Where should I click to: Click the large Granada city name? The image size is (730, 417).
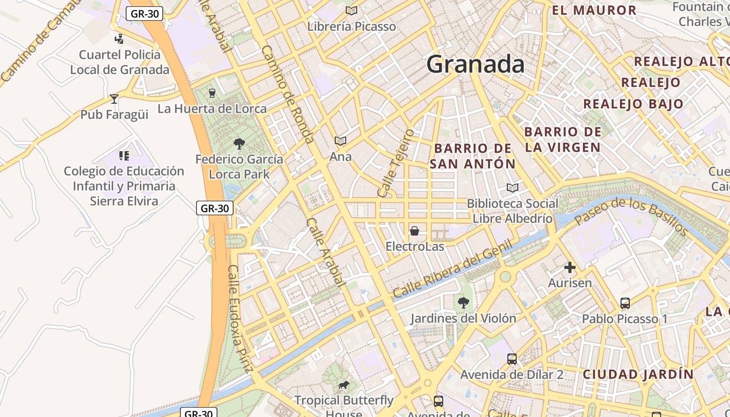click(x=476, y=65)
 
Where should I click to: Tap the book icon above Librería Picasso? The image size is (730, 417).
click(x=351, y=10)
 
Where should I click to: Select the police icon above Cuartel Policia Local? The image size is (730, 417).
click(x=119, y=39)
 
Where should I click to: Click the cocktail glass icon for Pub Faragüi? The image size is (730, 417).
click(x=114, y=99)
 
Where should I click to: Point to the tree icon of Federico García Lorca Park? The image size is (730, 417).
click(x=239, y=143)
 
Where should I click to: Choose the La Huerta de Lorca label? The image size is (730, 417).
click(x=212, y=109)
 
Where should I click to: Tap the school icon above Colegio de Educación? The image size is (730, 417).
click(x=124, y=155)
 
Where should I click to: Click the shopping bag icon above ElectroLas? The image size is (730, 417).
click(x=415, y=230)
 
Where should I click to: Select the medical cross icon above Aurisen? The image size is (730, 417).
click(x=569, y=267)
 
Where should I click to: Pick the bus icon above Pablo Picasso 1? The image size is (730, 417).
click(x=625, y=303)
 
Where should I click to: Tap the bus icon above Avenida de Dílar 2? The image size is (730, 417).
click(x=512, y=359)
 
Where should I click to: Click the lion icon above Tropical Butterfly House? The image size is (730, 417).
click(x=343, y=385)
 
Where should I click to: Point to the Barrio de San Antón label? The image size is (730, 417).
click(x=472, y=156)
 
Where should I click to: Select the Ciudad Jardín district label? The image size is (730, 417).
click(x=638, y=374)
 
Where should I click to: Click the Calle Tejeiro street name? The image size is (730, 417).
click(x=395, y=163)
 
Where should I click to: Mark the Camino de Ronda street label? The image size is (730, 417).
click(x=287, y=94)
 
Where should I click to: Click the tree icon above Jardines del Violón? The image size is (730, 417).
click(x=463, y=302)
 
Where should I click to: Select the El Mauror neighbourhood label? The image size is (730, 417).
click(x=594, y=10)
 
